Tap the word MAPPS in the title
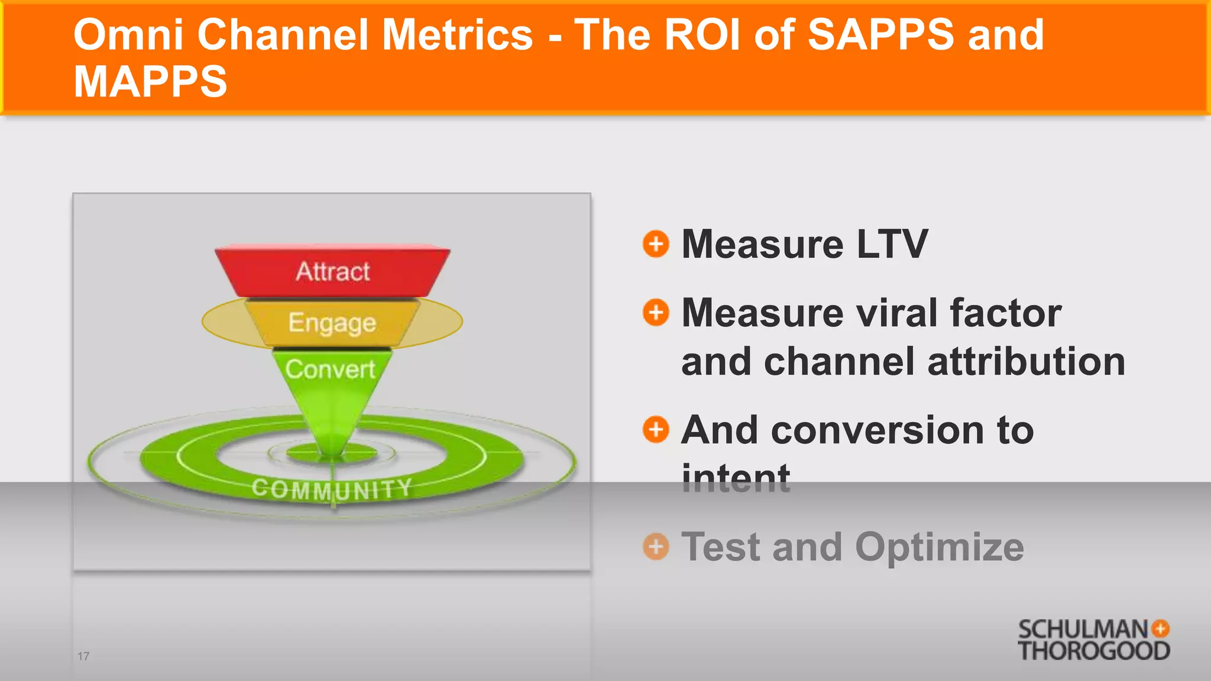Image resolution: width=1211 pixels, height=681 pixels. click(150, 82)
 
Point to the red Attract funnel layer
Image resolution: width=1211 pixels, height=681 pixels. click(332, 271)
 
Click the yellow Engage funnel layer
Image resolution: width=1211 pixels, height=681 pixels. click(332, 323)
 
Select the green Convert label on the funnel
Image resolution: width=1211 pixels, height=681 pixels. click(330, 369)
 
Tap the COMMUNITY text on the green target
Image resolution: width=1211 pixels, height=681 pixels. click(332, 489)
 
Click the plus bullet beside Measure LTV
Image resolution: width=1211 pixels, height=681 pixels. click(656, 244)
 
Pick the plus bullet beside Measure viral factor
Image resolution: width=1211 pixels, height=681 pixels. click(656, 312)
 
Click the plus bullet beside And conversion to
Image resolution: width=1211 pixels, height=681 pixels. click(656, 429)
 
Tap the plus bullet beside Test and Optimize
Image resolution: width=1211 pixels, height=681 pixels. click(656, 546)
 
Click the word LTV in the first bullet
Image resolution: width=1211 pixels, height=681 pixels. click(892, 244)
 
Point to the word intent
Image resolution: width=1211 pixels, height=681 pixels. click(736, 478)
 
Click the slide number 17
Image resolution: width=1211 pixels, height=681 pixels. click(83, 656)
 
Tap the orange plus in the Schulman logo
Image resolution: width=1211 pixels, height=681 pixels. click(1161, 628)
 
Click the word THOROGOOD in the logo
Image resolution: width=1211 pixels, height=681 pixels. click(1093, 651)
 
